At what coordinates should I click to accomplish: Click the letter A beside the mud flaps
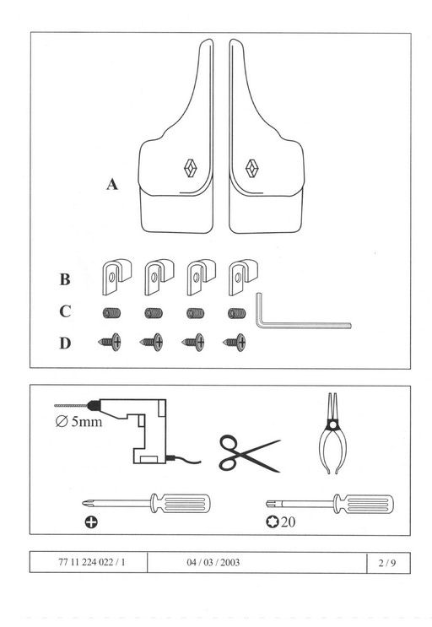pos(112,184)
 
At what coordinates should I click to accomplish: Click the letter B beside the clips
pos(65,279)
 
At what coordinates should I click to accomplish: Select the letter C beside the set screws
pos(65,311)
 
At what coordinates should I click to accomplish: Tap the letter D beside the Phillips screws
pos(65,343)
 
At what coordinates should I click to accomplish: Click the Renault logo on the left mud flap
pos(191,168)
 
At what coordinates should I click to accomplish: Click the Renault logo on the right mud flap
pos(251,168)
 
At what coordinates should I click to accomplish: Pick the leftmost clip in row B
pos(116,277)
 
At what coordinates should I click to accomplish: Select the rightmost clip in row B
pos(243,277)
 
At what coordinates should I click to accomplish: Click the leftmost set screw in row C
pos(111,313)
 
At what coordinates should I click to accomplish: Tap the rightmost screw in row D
pos(235,343)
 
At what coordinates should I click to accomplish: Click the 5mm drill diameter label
pos(78,421)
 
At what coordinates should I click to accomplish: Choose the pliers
pos(332,434)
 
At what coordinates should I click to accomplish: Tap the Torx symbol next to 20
pos(272,522)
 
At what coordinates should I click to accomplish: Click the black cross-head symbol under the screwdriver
pos(91,522)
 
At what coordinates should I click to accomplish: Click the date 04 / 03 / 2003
pos(213,563)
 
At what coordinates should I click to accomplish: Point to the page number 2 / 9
pos(387,563)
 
